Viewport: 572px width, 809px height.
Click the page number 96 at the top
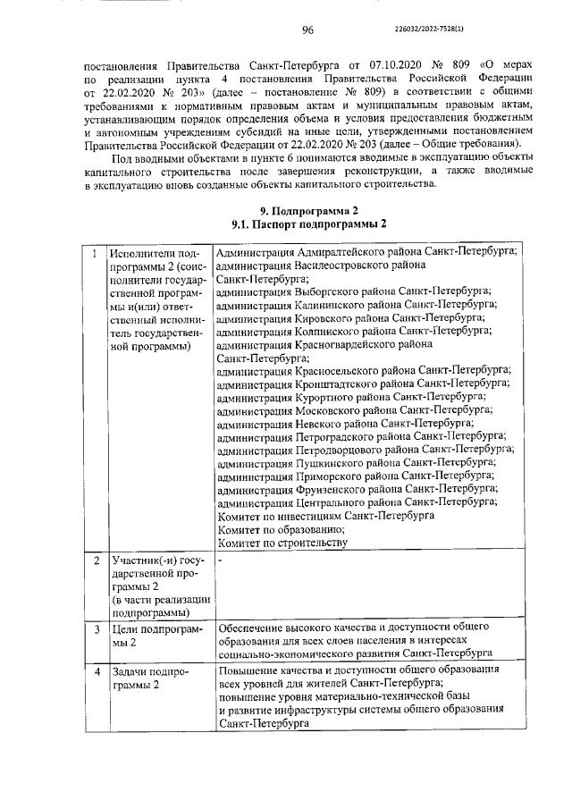307,29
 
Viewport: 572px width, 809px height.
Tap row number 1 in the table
95,254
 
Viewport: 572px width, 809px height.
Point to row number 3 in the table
95,630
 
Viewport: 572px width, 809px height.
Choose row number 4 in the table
95,670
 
